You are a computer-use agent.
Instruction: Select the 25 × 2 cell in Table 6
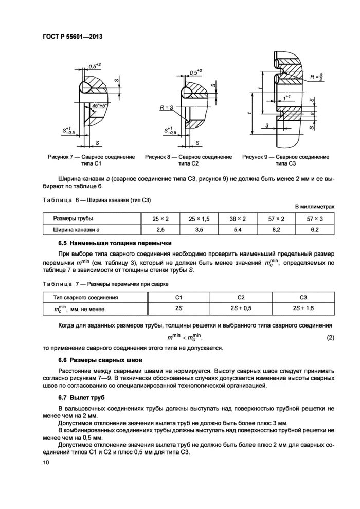pos(159,219)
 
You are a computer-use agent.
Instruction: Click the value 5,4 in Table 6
pos(238,230)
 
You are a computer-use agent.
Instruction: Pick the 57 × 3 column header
pos(315,219)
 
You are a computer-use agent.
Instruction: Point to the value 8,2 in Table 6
pos(276,230)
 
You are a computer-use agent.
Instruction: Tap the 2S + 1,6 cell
pos(303,308)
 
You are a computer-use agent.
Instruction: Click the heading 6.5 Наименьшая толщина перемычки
pos(114,243)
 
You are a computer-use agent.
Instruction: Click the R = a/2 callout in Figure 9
pos(316,77)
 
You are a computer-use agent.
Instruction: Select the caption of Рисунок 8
pos(188,160)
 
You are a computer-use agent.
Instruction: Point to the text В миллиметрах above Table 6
pos(314,207)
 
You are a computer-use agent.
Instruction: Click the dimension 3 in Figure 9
pos(267,125)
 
